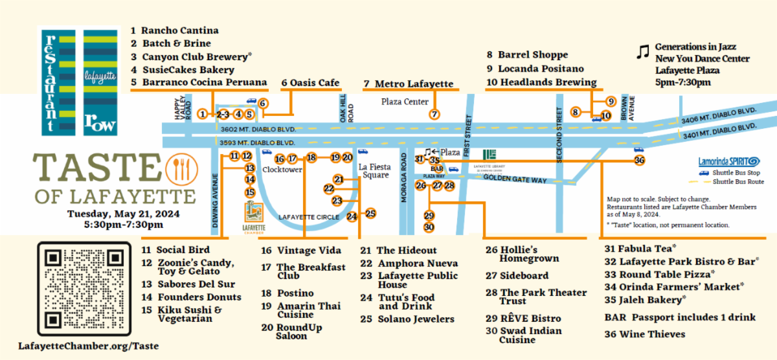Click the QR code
click(x=80, y=287)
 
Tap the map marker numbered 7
click(x=434, y=114)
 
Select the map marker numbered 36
click(x=639, y=160)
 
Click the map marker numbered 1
click(x=203, y=114)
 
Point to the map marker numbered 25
click(x=370, y=213)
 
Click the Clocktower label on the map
click(x=282, y=170)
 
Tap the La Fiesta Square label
click(x=375, y=171)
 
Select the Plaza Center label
click(x=405, y=102)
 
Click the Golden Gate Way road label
click(x=515, y=179)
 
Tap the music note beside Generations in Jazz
click(x=642, y=52)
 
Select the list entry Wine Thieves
click(x=644, y=334)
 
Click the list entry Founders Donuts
click(x=192, y=297)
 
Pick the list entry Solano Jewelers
click(x=408, y=319)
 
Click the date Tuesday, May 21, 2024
click(x=124, y=213)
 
